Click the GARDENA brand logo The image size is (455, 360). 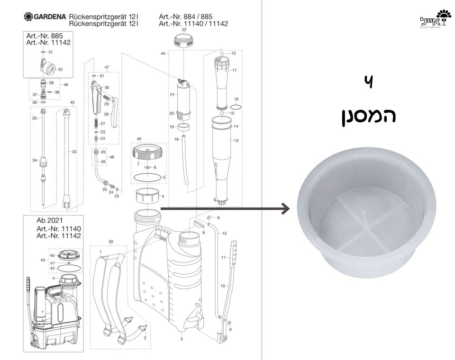tap(45, 17)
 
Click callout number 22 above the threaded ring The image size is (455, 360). tap(184, 29)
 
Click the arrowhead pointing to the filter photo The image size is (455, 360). tap(285, 208)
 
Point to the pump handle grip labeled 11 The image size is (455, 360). tap(233, 256)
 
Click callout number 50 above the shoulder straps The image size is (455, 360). tap(111, 242)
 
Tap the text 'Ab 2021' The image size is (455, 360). tap(50, 220)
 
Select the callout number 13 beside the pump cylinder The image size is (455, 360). tap(236, 141)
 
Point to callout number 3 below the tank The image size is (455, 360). tap(182, 339)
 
